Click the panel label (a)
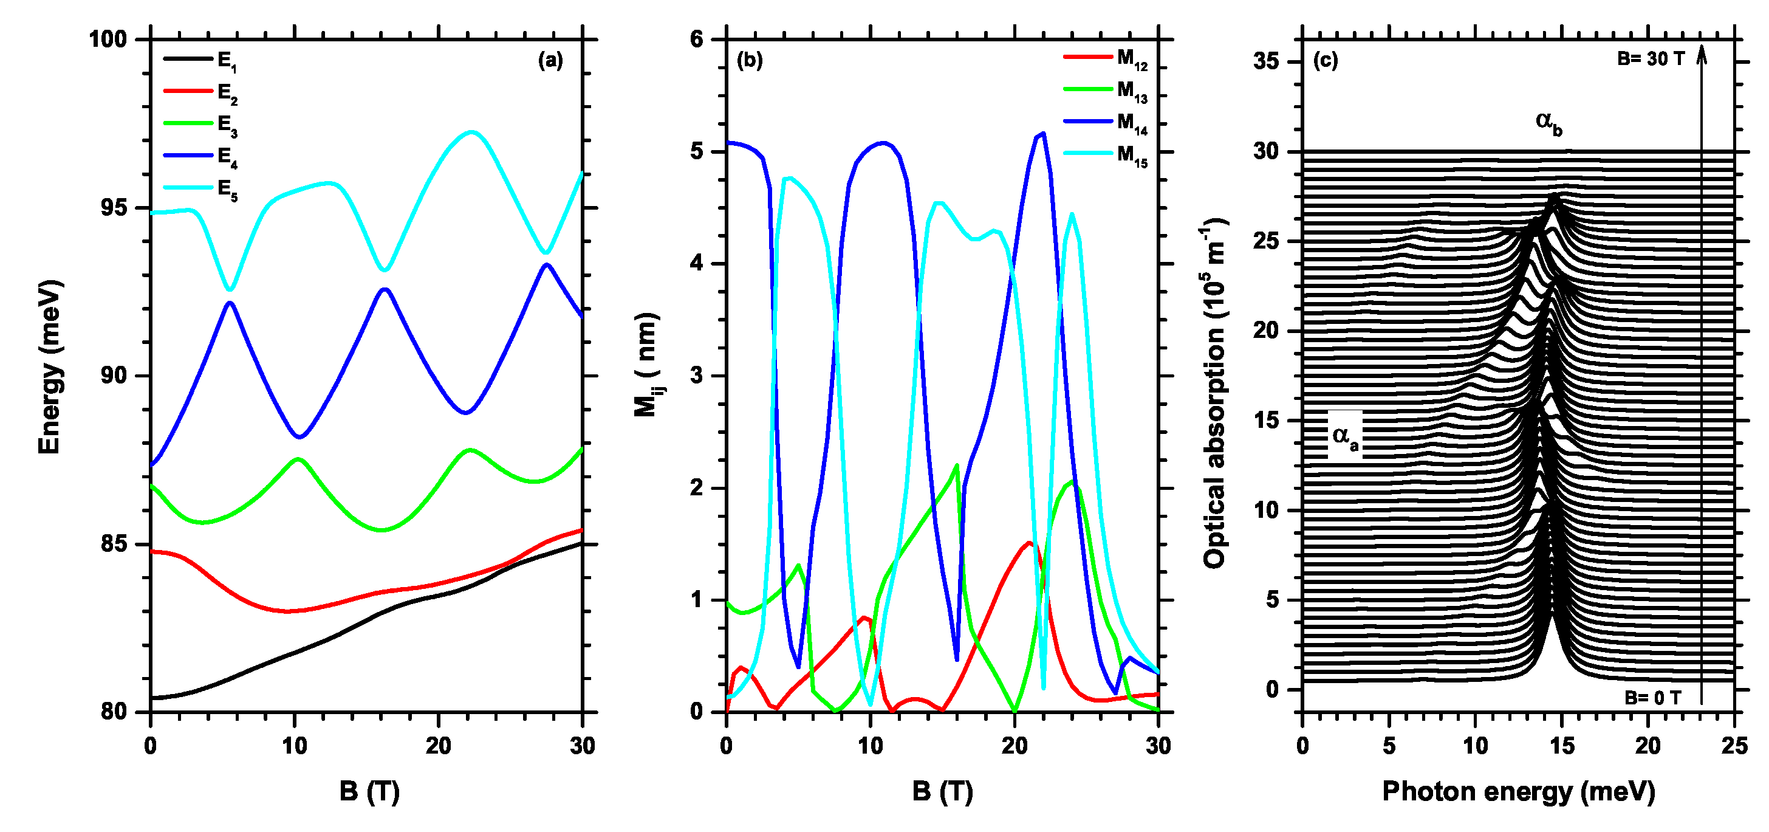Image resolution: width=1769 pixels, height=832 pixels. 550,60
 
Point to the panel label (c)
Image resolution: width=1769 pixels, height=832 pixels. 1326,60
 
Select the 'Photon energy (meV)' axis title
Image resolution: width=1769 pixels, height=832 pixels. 1518,791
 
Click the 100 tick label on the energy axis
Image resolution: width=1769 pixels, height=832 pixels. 109,39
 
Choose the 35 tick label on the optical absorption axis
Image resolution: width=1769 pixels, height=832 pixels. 1267,62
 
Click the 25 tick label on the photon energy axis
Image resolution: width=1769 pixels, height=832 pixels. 1734,746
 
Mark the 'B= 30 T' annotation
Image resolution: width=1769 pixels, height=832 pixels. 1650,60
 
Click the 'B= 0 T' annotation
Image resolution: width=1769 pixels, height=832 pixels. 1652,698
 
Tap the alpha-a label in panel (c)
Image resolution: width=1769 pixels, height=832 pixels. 1344,436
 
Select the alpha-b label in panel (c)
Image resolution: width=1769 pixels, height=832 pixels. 1548,123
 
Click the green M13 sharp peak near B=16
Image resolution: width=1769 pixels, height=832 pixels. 957,466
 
